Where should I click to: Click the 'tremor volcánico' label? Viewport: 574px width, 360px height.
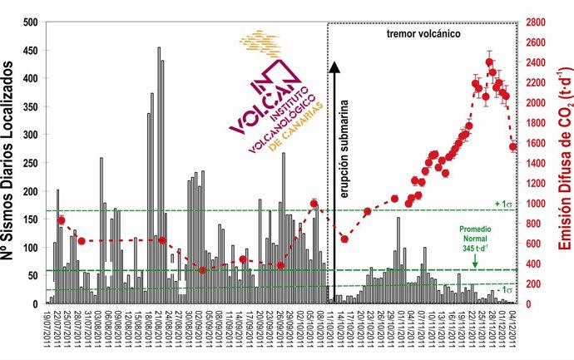tap(424, 34)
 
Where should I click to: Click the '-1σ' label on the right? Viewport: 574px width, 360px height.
tap(502, 289)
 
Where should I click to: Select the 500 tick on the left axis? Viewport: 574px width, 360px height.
tap(35, 22)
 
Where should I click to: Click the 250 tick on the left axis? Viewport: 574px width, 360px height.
tap(35, 163)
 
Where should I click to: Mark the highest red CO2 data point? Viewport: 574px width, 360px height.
tap(489, 62)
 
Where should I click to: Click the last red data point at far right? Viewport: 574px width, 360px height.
tap(513, 146)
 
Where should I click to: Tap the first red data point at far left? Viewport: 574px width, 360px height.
tap(61, 220)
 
